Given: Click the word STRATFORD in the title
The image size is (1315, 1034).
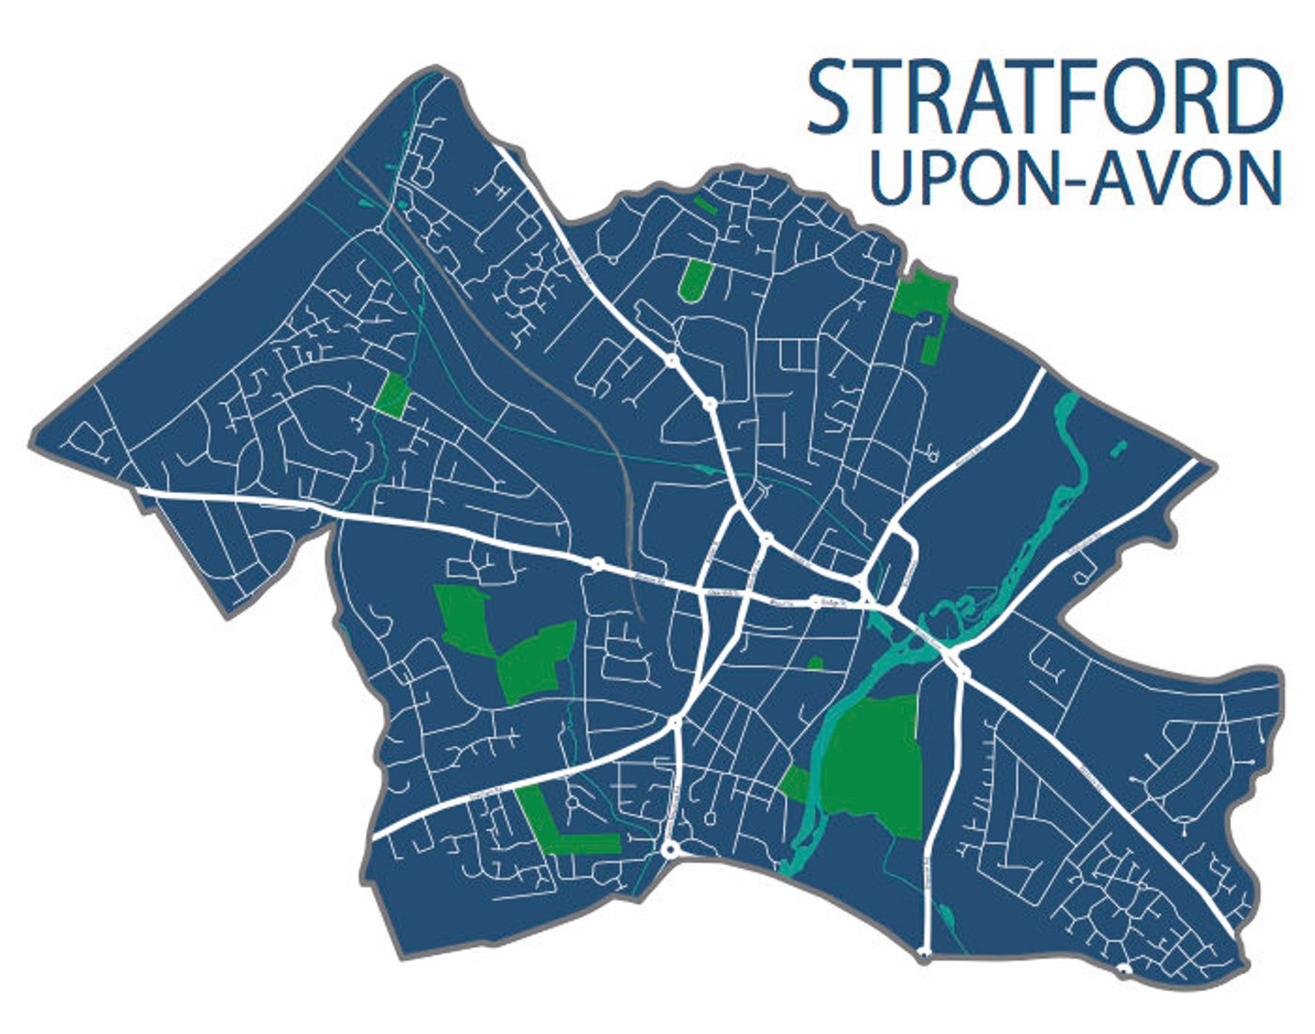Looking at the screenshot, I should [1044, 98].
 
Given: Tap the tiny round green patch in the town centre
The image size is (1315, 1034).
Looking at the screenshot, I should [815, 663].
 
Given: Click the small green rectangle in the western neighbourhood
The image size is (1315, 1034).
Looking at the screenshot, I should [392, 394].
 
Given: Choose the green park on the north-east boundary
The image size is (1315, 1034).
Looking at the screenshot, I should [924, 307].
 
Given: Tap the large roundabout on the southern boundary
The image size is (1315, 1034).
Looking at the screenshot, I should [670, 850].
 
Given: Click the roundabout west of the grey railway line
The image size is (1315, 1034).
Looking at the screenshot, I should [596, 564].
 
